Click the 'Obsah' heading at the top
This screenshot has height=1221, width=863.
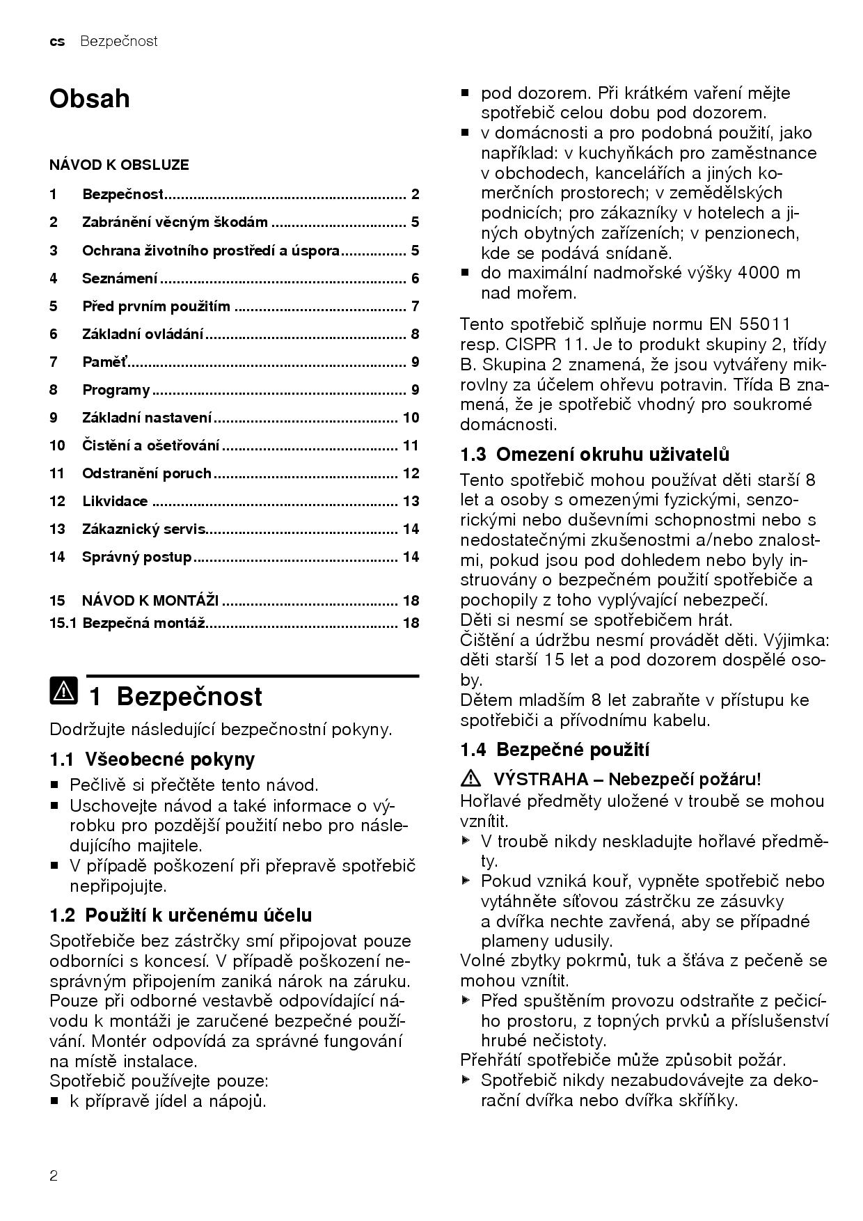(x=89, y=99)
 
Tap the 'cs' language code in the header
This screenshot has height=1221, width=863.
(x=57, y=42)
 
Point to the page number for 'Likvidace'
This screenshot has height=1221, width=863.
(x=411, y=501)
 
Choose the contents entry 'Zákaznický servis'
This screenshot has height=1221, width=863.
(x=144, y=529)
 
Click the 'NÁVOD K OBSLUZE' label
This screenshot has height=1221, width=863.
(x=119, y=165)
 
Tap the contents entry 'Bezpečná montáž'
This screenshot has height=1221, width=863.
(x=143, y=623)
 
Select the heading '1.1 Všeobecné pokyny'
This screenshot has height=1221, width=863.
(x=152, y=759)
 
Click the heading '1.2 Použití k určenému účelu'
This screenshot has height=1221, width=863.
(x=181, y=915)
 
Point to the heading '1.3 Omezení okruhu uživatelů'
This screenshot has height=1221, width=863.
(x=595, y=455)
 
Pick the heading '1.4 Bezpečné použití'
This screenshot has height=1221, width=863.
(x=555, y=750)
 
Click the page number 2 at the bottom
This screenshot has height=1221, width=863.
(x=54, y=1176)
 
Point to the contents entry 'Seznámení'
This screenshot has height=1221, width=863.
(x=120, y=278)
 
